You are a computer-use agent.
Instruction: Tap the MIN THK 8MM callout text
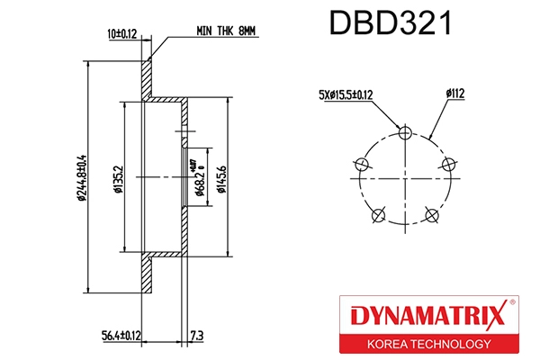pyautogui.click(x=226, y=31)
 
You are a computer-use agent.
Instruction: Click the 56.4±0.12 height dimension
pyautogui.click(x=119, y=336)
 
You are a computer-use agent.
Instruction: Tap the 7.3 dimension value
pyautogui.click(x=196, y=336)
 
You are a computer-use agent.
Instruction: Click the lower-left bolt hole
pyautogui.click(x=380, y=214)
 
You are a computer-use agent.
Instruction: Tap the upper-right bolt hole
pyautogui.click(x=449, y=164)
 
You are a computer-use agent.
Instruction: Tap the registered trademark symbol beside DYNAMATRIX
pyautogui.click(x=513, y=302)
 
